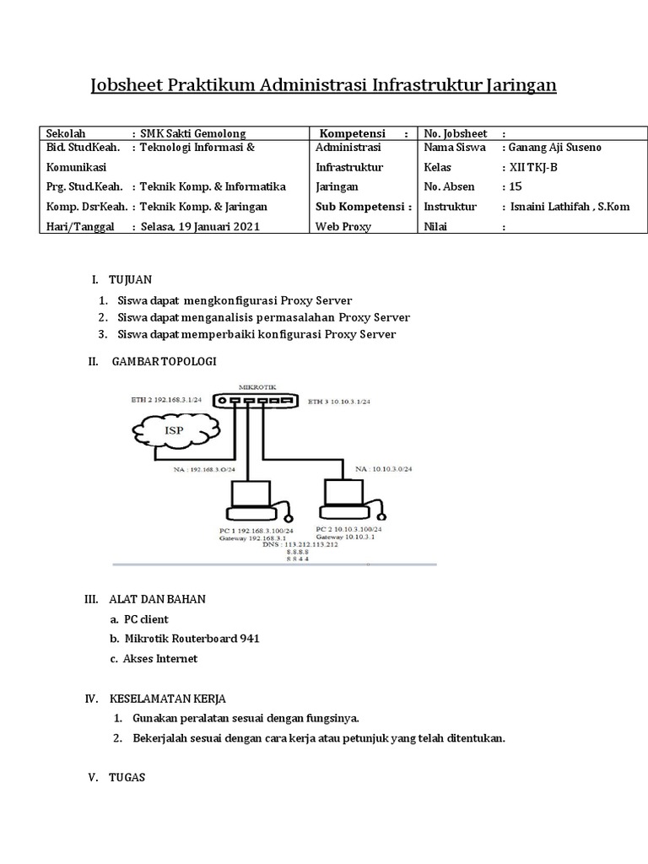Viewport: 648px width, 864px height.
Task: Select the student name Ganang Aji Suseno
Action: (x=553, y=148)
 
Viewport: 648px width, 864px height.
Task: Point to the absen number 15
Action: (x=515, y=186)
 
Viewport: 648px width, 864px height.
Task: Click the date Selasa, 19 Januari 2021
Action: (x=200, y=226)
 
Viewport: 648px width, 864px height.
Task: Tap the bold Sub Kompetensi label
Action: (x=363, y=206)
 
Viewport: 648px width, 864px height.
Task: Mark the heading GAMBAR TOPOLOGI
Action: (x=164, y=361)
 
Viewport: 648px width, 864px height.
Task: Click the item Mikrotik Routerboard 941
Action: (x=192, y=638)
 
